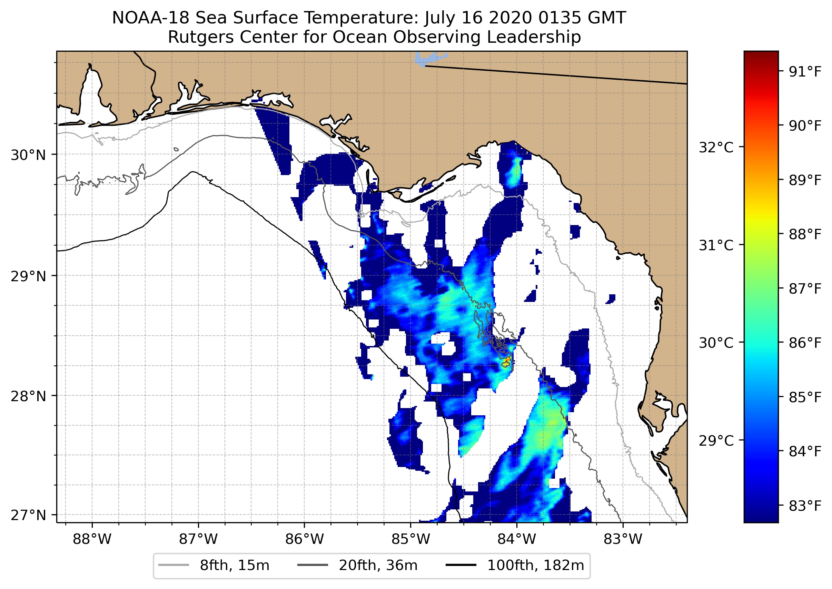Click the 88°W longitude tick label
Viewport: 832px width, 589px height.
[92, 539]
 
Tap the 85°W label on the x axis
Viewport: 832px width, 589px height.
[410, 539]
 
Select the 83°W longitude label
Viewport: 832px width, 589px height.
[623, 539]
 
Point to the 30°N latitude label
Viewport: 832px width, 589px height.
[28, 155]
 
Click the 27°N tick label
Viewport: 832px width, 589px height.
[28, 515]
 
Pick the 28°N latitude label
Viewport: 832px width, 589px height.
[28, 396]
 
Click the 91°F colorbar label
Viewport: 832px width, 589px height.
[805, 72]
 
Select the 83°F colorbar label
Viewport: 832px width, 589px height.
[805, 506]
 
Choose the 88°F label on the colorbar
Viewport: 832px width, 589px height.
[805, 234]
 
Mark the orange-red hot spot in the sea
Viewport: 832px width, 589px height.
[507, 361]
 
